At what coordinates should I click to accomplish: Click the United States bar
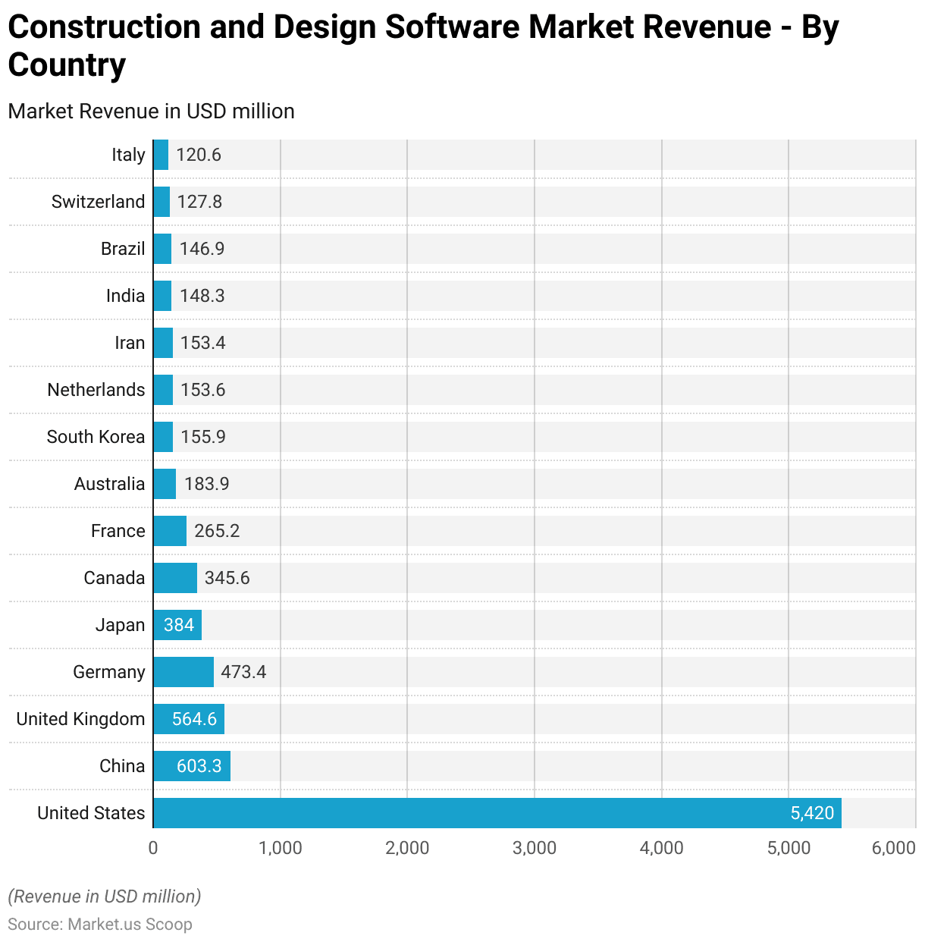pos(497,813)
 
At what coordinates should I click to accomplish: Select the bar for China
pos(192,766)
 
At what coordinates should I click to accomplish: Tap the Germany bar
pos(183,672)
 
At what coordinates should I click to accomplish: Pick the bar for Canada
pos(175,578)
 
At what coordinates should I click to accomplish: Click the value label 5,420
pos(811,813)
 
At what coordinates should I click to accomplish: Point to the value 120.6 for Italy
pos(199,155)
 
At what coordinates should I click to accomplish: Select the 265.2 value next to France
pos(217,531)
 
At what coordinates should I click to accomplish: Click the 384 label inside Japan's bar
pos(179,625)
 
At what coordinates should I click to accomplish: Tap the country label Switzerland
pos(98,202)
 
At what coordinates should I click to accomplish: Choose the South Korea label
pos(96,437)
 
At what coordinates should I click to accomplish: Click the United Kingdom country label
pos(80,719)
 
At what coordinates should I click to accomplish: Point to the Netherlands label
pos(96,390)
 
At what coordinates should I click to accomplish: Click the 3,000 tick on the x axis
pos(535,848)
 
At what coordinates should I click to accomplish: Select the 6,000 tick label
pos(894,848)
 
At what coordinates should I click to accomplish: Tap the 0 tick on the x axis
pos(153,848)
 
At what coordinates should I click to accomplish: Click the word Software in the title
pos(452,27)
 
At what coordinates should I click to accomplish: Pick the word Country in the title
pos(67,65)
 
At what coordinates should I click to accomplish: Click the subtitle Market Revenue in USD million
pos(152,111)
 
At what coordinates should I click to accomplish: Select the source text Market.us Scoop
pos(130,925)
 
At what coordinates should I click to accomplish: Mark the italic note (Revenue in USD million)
pos(105,896)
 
